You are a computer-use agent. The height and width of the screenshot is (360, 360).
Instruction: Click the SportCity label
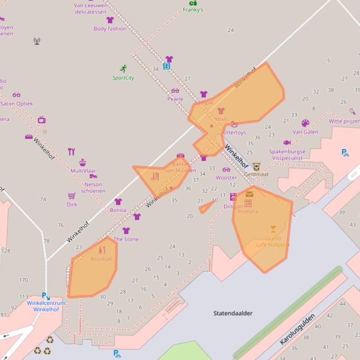(x=123, y=78)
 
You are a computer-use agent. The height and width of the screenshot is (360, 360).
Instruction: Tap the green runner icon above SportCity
(x=123, y=69)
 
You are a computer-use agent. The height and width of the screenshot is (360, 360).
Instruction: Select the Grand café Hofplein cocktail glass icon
(x=273, y=229)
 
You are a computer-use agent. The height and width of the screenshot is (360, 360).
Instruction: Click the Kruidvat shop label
(x=101, y=259)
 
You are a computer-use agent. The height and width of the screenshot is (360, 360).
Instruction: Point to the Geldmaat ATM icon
(x=256, y=166)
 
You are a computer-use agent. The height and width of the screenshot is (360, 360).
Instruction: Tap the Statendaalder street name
(x=233, y=313)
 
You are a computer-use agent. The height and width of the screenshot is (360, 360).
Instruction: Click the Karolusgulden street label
(x=297, y=329)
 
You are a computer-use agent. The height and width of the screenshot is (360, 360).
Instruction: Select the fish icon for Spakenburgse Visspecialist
(x=287, y=143)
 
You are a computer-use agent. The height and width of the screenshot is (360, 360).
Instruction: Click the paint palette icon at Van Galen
(x=305, y=123)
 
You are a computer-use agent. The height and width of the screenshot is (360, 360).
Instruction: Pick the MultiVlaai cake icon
(x=82, y=162)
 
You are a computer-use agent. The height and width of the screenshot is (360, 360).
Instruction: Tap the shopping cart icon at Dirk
(x=72, y=196)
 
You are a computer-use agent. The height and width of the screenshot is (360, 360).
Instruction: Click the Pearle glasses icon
(x=175, y=91)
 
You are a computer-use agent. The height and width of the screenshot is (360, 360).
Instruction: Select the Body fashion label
(x=110, y=29)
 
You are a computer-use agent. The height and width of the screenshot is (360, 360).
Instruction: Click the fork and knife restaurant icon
(x=71, y=151)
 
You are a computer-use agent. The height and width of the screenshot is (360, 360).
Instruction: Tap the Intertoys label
(x=235, y=132)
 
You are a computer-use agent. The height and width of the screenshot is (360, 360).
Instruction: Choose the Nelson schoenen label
(x=93, y=187)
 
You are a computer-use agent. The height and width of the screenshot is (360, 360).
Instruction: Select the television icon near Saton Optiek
(x=42, y=120)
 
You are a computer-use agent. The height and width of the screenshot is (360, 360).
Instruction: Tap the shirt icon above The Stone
(x=126, y=230)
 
